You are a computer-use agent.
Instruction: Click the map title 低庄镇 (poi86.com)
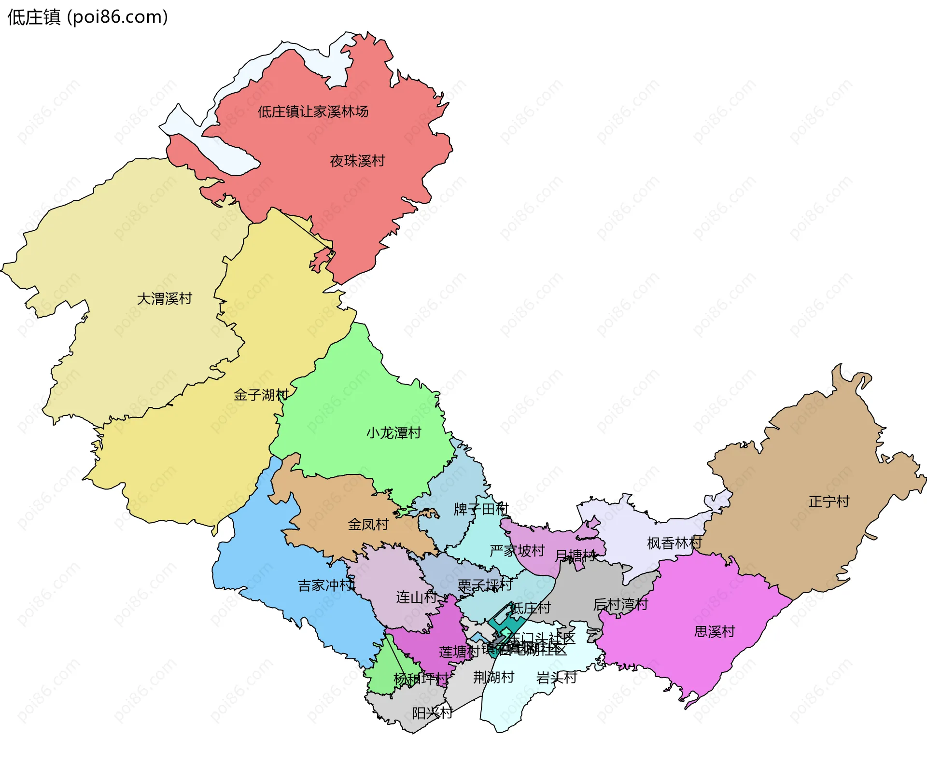click(87, 17)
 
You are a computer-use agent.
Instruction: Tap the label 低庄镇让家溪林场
click(313, 112)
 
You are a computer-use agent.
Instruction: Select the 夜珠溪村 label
click(357, 161)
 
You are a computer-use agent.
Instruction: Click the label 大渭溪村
click(165, 299)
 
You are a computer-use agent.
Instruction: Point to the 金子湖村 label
click(261, 395)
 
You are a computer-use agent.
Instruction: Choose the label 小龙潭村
click(393, 433)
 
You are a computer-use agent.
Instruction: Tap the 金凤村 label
click(368, 525)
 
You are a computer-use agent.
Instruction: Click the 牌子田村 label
click(481, 509)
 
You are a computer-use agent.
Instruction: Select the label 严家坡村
click(517, 551)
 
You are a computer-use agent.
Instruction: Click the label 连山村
click(416, 598)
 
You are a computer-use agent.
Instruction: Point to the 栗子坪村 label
click(485, 585)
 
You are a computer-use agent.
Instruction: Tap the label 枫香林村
click(674, 543)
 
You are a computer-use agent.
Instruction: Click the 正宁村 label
click(829, 502)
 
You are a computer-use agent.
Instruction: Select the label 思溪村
click(715, 632)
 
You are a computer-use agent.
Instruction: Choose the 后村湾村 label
click(620, 605)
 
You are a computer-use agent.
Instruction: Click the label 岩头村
click(556, 678)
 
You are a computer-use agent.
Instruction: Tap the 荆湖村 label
click(493, 678)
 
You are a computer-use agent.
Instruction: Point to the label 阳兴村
click(432, 713)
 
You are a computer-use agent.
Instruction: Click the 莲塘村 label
click(459, 652)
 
